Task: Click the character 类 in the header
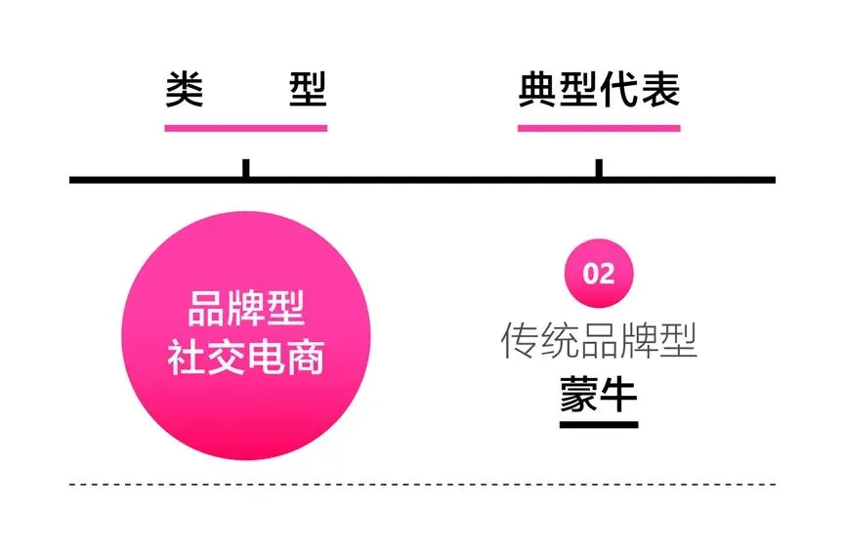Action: [x=184, y=90]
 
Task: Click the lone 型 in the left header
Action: [x=308, y=90]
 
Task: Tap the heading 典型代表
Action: [x=598, y=90]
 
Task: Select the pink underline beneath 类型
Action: [x=245, y=127]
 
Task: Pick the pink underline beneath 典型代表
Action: [x=598, y=127]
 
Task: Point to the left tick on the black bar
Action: [x=246, y=168]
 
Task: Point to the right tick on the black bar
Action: [x=599, y=168]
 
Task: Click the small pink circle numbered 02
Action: [x=599, y=273]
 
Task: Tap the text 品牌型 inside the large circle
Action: [x=245, y=311]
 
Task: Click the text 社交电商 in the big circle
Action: [x=245, y=359]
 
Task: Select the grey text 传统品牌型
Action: [x=599, y=340]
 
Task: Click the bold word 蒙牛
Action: [x=599, y=394]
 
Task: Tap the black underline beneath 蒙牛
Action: [x=599, y=424]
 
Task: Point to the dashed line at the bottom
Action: [x=422, y=484]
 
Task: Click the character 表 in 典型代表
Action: [x=660, y=90]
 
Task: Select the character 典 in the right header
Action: [x=536, y=90]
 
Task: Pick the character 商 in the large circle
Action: [x=306, y=359]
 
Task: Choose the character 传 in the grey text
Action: [x=520, y=340]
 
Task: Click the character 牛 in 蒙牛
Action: [x=619, y=394]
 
